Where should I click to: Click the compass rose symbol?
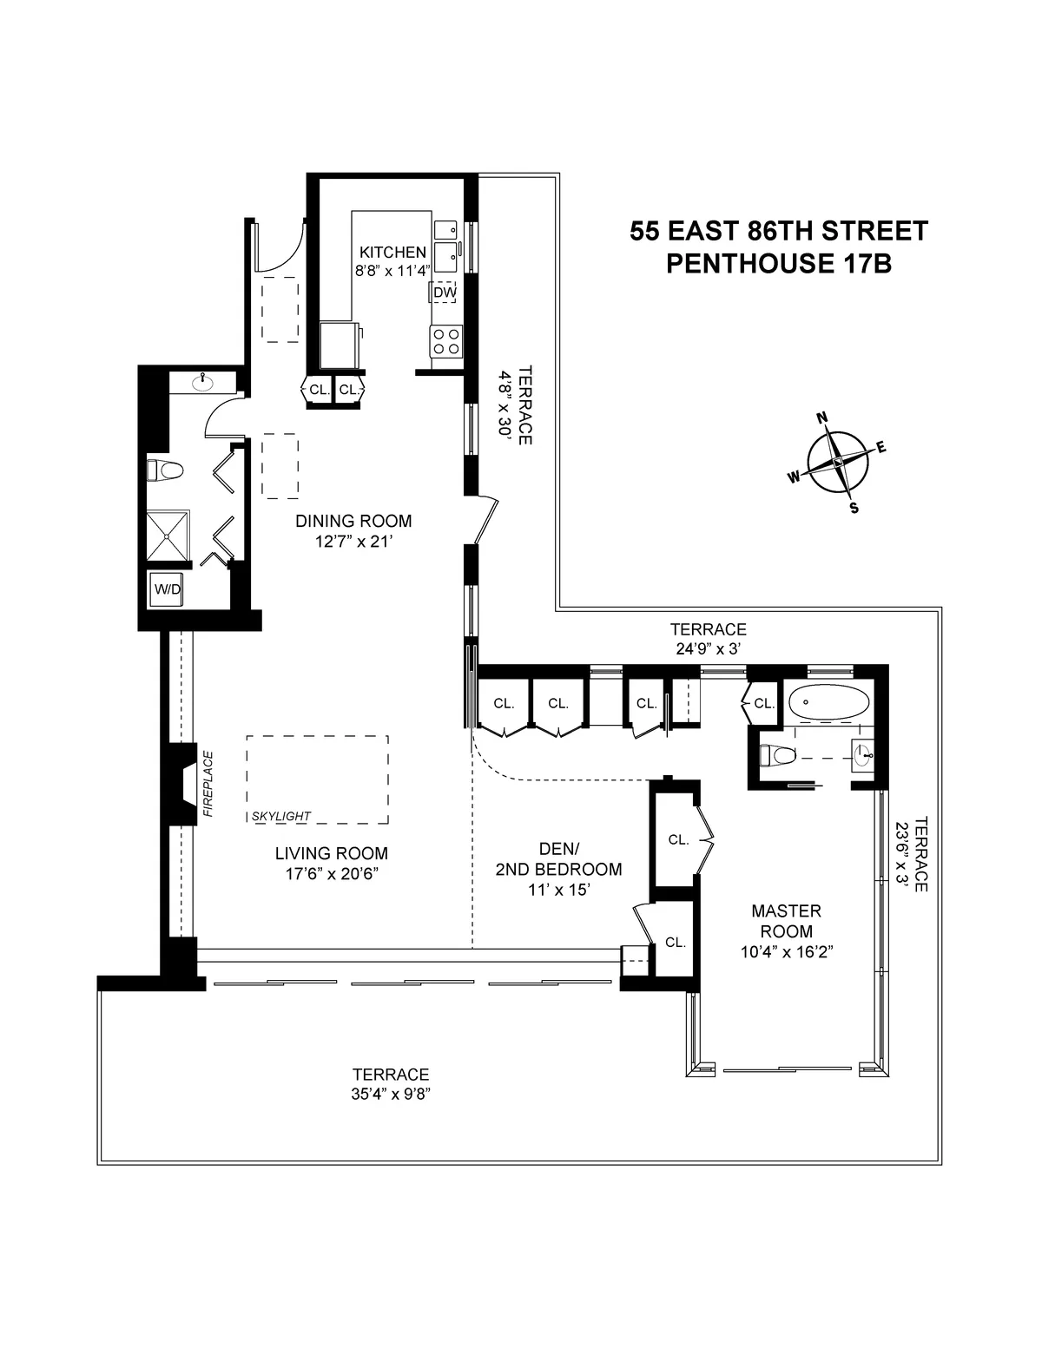click(837, 463)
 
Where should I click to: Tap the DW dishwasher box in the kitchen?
click(445, 293)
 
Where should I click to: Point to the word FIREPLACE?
click(208, 783)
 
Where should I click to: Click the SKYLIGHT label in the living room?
click(282, 816)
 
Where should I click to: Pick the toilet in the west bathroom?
click(166, 471)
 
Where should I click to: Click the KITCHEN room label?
click(392, 252)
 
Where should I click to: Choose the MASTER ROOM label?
click(786, 921)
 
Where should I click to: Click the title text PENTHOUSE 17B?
click(779, 264)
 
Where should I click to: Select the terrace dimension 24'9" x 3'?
click(708, 648)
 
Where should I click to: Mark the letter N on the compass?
click(821, 418)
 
